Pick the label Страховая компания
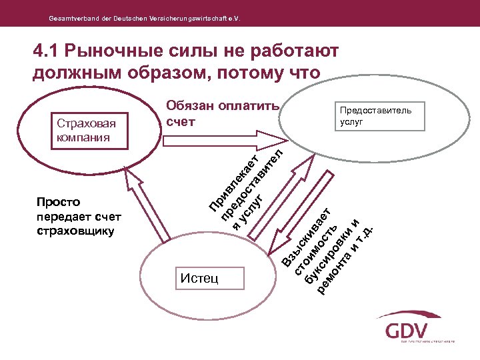(86, 131)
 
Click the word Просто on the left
(59, 201)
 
